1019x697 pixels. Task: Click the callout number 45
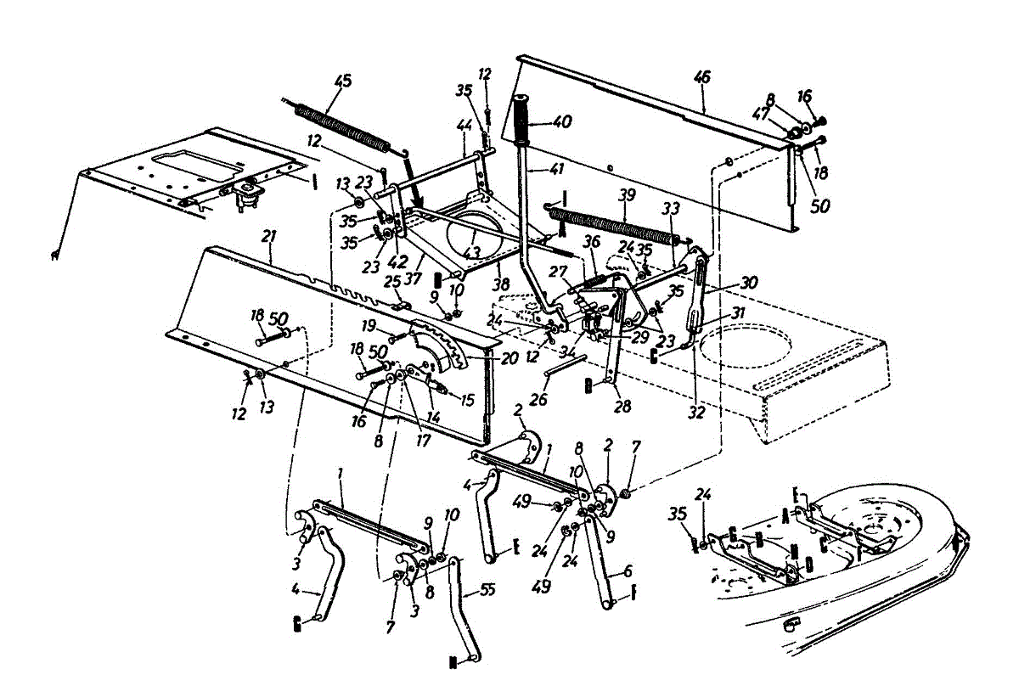[342, 82]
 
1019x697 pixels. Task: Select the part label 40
[562, 121]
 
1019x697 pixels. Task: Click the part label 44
[463, 124]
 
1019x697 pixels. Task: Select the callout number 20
[509, 358]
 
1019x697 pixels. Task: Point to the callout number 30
[747, 283]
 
